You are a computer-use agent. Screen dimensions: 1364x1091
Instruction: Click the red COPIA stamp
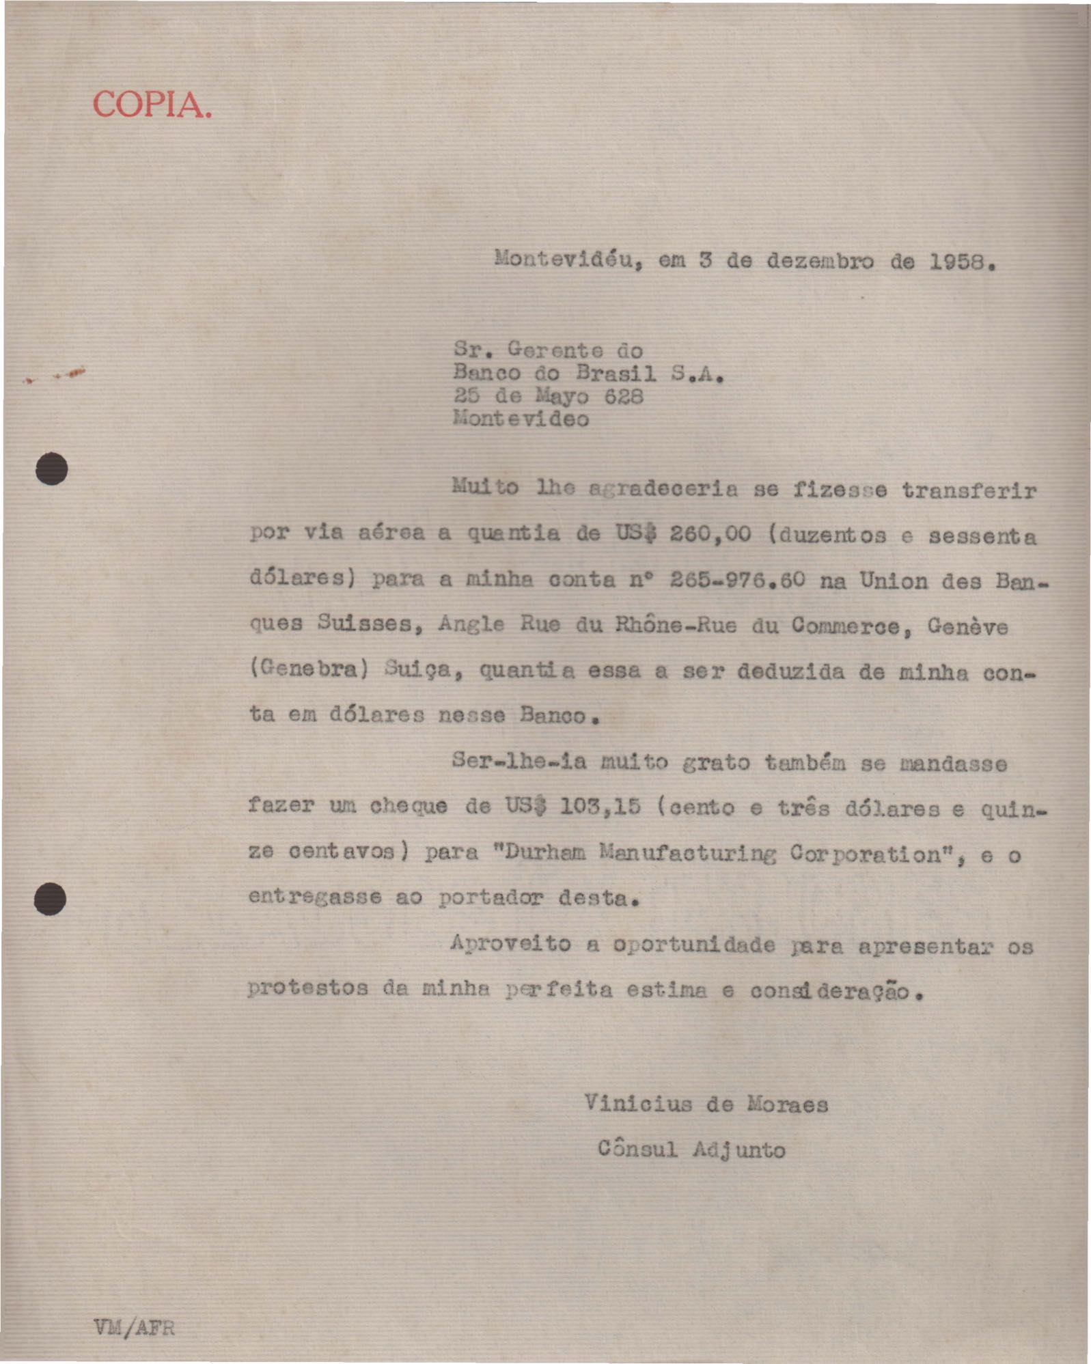(152, 105)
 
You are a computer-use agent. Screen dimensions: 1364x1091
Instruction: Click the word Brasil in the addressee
(616, 374)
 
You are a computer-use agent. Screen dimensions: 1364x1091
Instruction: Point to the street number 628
(624, 397)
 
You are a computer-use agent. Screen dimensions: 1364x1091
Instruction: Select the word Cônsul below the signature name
(638, 1149)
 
